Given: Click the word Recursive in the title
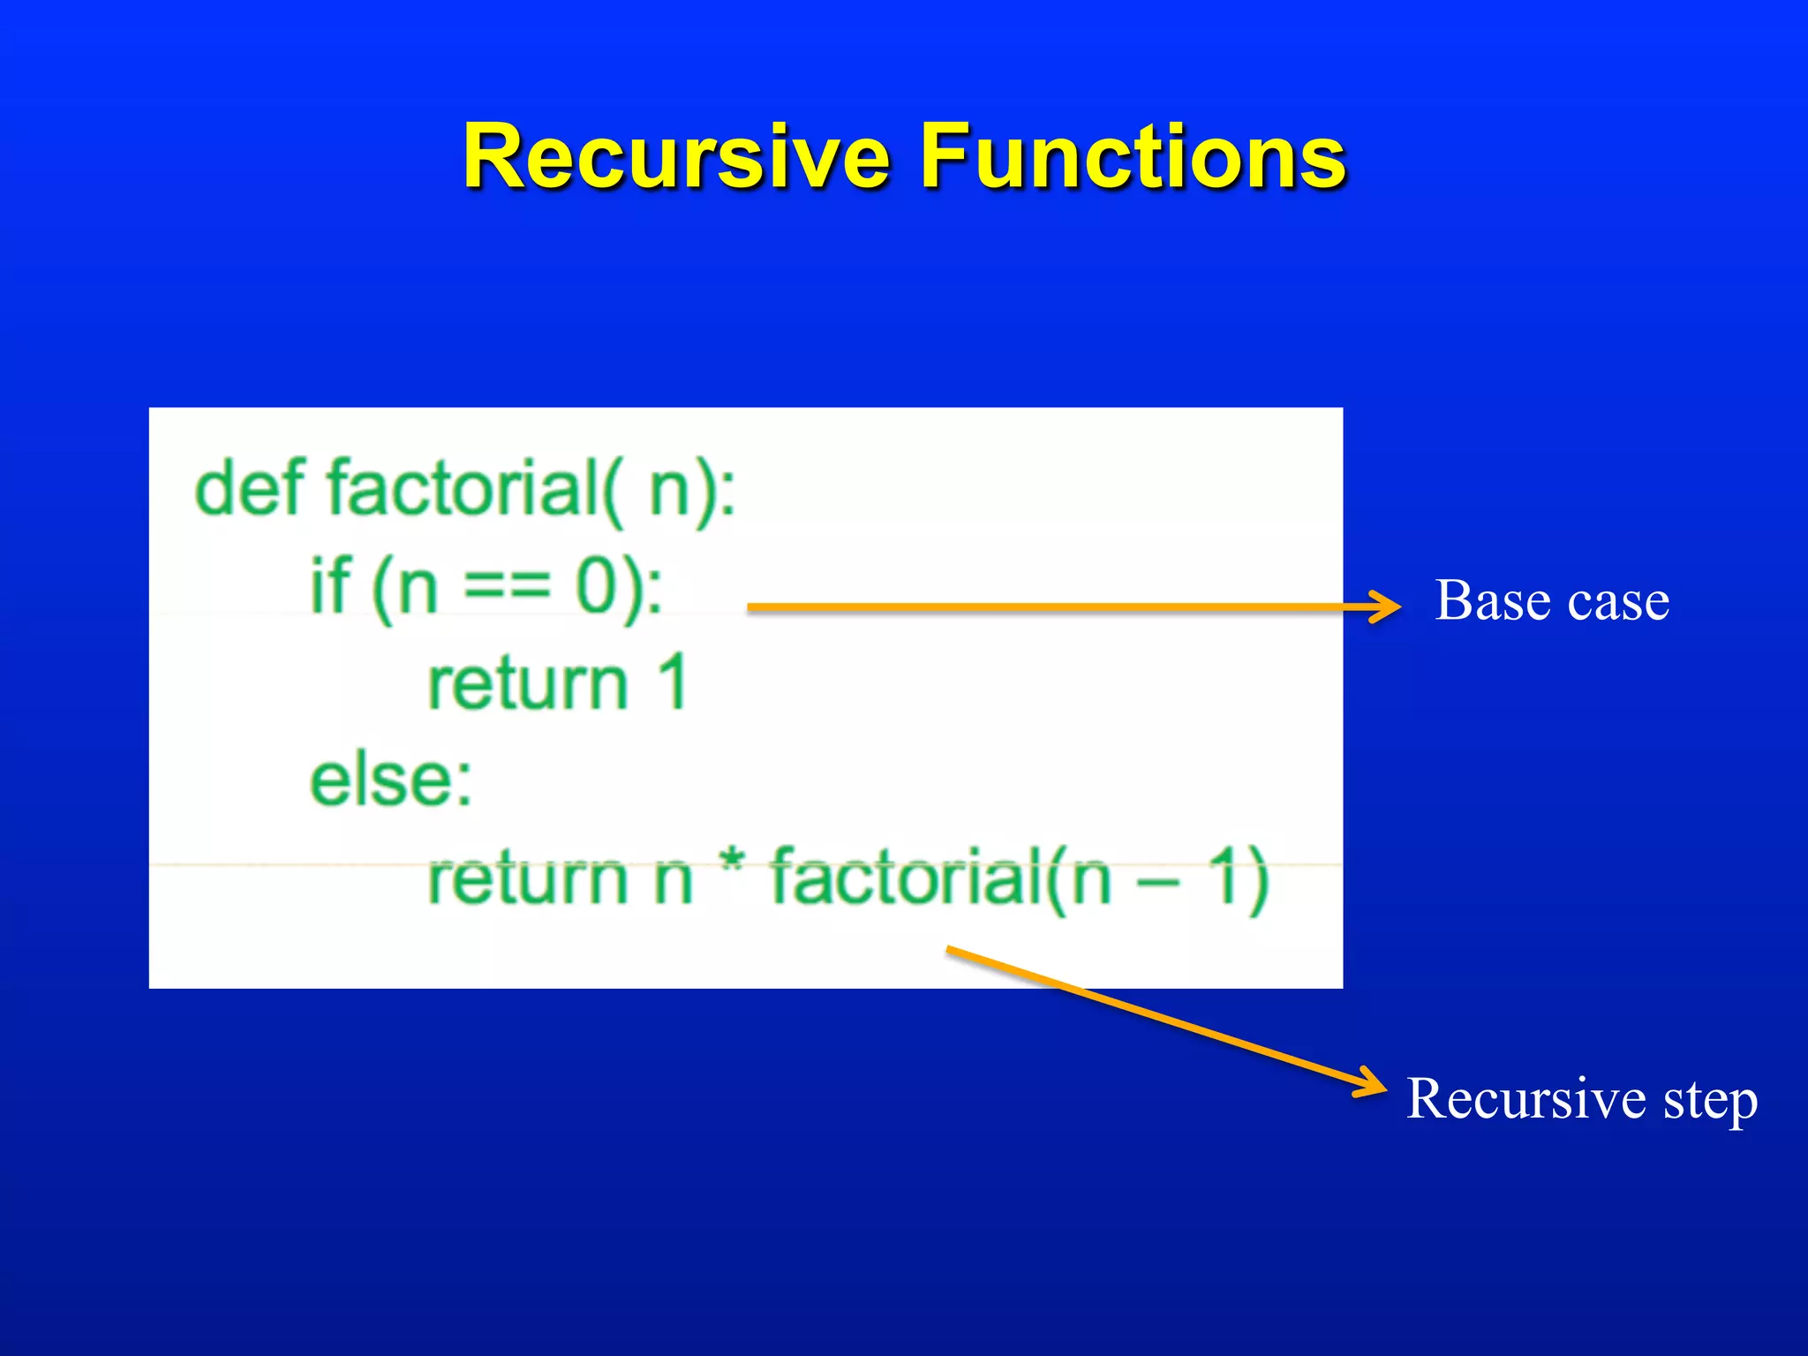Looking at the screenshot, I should tap(676, 157).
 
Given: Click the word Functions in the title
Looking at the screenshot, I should tap(1133, 157).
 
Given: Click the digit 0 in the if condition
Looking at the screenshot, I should tap(597, 586).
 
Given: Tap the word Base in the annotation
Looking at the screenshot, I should tap(1492, 601).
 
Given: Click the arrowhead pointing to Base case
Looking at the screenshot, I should tap(1385, 606).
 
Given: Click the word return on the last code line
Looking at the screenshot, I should tap(527, 878).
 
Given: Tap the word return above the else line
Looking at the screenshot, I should tap(527, 684).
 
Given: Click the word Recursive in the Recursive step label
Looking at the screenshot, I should tap(1525, 1099).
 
